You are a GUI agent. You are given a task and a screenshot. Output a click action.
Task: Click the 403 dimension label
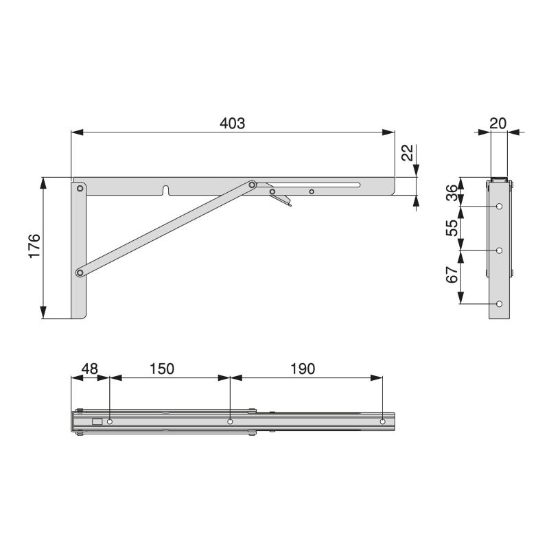232,123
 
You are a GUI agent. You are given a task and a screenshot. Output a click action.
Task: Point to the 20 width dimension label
498,123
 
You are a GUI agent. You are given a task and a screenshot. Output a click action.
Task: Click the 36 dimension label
452,192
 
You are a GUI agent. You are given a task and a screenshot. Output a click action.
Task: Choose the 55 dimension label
452,228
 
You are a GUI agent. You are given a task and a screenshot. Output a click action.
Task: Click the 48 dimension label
90,369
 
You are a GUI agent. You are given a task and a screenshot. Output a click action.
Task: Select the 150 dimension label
162,369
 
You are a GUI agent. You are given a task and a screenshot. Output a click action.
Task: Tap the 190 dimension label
302,369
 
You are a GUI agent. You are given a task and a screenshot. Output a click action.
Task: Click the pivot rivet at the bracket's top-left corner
80,187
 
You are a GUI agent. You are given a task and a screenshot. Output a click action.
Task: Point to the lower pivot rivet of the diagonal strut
80,273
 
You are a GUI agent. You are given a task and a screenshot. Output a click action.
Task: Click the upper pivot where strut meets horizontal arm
253,185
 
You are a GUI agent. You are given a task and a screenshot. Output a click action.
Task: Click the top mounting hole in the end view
500,206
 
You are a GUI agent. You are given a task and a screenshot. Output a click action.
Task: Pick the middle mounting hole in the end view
500,250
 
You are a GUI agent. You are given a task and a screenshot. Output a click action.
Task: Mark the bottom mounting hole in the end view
500,303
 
